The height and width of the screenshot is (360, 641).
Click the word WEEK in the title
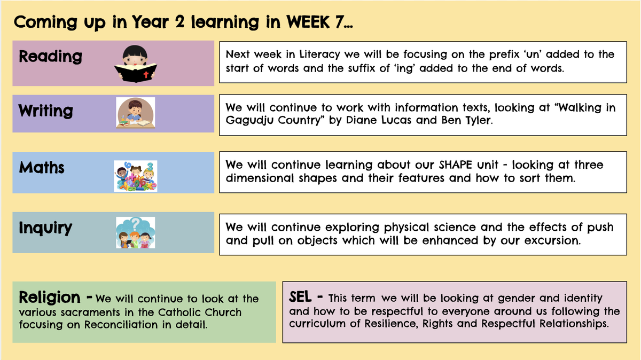(308, 22)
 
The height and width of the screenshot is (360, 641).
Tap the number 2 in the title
(179, 22)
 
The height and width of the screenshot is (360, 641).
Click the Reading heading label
(50, 57)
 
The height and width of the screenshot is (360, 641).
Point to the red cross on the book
(146, 74)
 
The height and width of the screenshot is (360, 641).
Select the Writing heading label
(46, 111)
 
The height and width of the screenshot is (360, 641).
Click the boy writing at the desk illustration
(135, 113)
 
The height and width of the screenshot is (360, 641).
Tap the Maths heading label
(42, 168)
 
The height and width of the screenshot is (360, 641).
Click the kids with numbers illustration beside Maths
(135, 176)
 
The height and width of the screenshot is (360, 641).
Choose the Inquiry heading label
(45, 228)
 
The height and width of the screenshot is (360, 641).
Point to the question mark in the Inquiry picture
(136, 224)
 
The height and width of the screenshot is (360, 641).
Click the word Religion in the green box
(50, 297)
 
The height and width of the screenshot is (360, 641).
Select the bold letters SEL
(300, 297)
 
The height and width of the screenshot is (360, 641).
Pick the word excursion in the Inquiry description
(552, 240)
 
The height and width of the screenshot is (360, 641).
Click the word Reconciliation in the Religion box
(121, 325)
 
